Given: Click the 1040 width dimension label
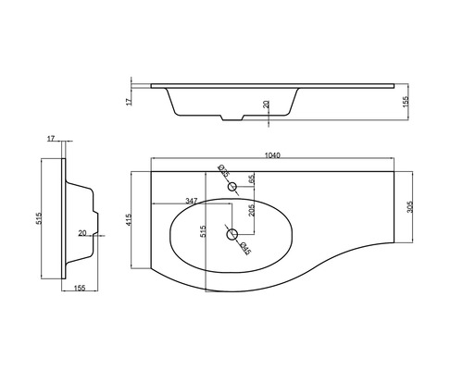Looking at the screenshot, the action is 272,155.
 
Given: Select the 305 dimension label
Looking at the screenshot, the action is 409,206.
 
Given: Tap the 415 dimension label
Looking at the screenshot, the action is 129,219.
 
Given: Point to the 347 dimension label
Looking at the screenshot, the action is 191,201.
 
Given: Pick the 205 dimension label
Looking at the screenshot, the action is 251,210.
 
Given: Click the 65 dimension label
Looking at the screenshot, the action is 251,179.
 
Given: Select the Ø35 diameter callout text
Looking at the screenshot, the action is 223,171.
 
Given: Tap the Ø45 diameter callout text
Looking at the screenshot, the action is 245,249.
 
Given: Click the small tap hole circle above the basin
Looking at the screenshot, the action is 232,187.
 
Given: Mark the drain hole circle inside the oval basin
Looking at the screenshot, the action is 231,234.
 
